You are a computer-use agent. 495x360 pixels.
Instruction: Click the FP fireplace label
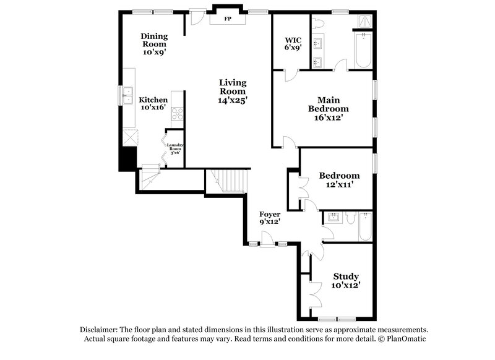coord(228,19)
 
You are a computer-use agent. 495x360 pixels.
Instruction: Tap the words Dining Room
coord(154,40)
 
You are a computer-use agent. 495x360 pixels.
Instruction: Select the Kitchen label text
coord(153,100)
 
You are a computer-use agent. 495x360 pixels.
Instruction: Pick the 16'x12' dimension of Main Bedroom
coord(328,117)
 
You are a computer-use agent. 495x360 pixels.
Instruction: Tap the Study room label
coord(346,276)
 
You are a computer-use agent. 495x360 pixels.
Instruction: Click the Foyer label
coord(269,214)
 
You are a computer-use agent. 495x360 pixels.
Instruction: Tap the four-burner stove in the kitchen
coord(177,113)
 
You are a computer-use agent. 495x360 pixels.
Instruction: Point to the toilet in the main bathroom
coord(319,24)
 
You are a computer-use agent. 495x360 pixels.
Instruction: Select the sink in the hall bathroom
coord(333,217)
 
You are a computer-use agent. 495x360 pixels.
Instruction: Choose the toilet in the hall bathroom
coord(350,217)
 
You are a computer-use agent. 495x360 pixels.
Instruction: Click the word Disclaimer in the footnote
coord(98,330)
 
